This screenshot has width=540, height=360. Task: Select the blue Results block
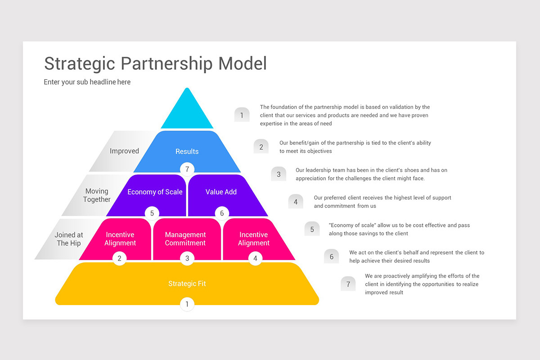click(187, 151)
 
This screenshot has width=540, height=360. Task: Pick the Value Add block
click(221, 192)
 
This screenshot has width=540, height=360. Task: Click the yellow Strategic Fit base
click(187, 283)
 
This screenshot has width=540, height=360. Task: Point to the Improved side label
click(124, 151)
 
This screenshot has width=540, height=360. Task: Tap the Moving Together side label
click(97, 195)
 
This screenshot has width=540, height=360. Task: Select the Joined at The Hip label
click(69, 239)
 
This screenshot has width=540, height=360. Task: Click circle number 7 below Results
click(187, 169)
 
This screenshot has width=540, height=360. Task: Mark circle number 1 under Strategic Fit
click(187, 304)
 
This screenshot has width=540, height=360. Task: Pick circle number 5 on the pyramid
click(152, 213)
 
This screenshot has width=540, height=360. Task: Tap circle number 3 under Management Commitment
click(187, 258)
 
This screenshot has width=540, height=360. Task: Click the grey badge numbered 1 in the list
click(242, 115)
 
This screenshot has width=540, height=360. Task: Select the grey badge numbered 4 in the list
click(296, 202)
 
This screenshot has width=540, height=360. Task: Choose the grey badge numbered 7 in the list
click(348, 284)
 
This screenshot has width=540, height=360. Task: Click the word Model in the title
click(243, 63)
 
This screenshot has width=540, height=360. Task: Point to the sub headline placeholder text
click(87, 82)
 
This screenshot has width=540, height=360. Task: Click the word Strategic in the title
click(79, 63)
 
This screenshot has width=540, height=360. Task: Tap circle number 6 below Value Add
click(222, 213)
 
